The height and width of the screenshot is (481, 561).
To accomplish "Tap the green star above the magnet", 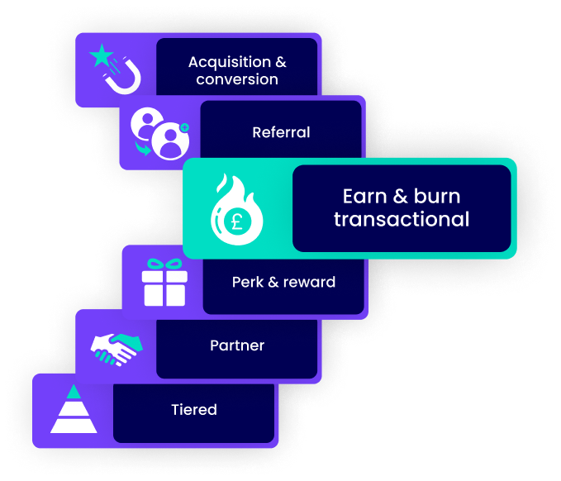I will (x=101, y=56).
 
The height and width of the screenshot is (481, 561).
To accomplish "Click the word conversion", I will (x=237, y=80).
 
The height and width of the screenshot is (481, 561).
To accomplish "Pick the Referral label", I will (x=281, y=132).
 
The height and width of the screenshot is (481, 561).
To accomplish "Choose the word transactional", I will (x=402, y=219).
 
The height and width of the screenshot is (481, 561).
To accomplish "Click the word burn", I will (x=439, y=197).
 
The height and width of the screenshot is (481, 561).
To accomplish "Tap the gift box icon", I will (x=164, y=282).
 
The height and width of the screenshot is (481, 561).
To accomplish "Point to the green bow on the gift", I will (x=164, y=264).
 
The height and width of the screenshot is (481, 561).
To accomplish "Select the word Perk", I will (x=248, y=282).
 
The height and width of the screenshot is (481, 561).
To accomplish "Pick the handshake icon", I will (x=116, y=348).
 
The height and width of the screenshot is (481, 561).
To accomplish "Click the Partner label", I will (x=237, y=345).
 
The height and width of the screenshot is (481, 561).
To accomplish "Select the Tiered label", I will (x=194, y=409).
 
